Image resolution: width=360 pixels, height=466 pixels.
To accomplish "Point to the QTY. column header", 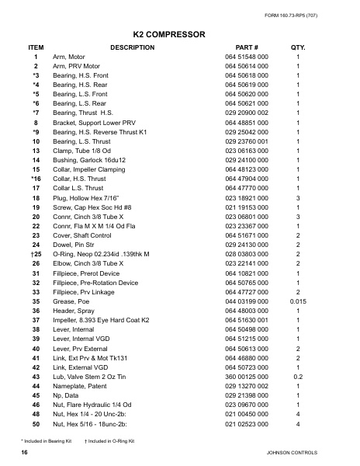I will [298, 47].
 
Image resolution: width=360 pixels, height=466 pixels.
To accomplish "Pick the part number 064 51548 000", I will [247, 57].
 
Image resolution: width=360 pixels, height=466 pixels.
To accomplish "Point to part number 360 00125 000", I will [247, 376].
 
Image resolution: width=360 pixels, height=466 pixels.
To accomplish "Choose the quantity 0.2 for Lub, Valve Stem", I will [298, 376].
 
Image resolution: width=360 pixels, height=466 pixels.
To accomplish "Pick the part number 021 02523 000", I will [247, 425].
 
